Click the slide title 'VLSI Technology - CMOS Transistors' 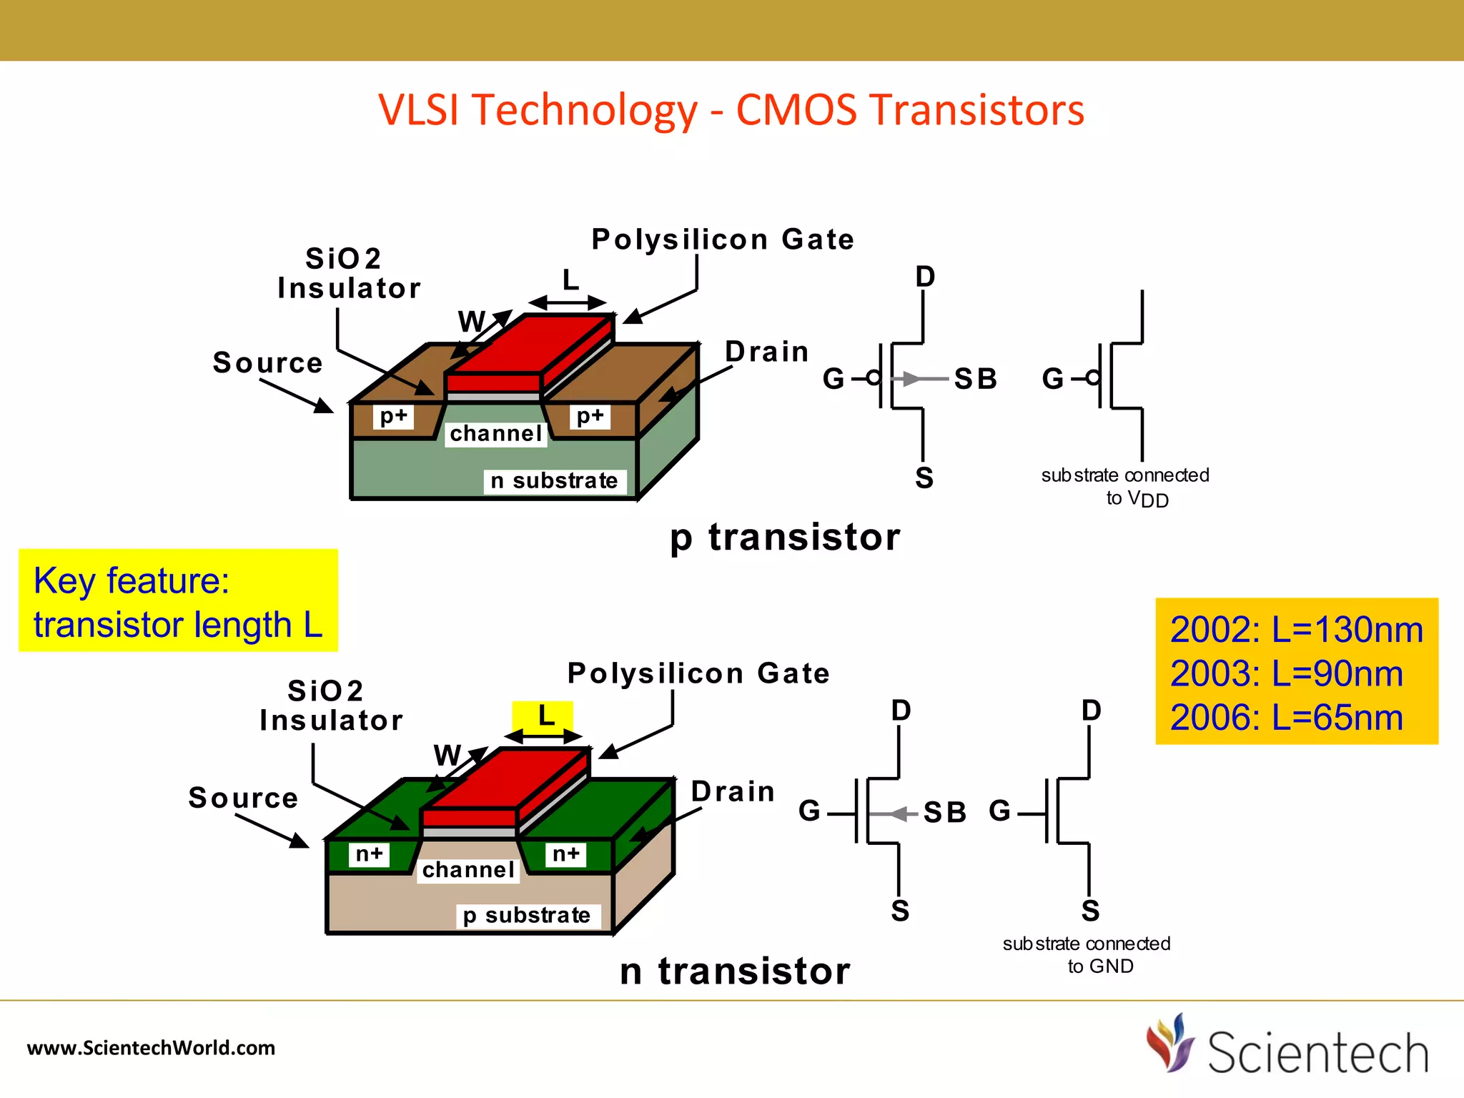(731, 110)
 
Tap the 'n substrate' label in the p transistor (554, 481)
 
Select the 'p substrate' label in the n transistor (527, 916)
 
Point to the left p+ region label (393, 416)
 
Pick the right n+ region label (566, 854)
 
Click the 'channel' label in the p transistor (496, 434)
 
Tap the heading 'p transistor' (785, 538)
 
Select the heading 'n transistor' (735, 971)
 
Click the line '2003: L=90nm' (1286, 674)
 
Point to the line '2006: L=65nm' (1286, 718)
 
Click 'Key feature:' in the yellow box (132, 580)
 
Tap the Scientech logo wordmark (1317, 1054)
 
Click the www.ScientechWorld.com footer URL (151, 1048)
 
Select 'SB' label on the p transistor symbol (976, 379)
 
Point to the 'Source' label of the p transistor (268, 363)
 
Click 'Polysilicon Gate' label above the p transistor (723, 239)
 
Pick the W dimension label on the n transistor (447, 756)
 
